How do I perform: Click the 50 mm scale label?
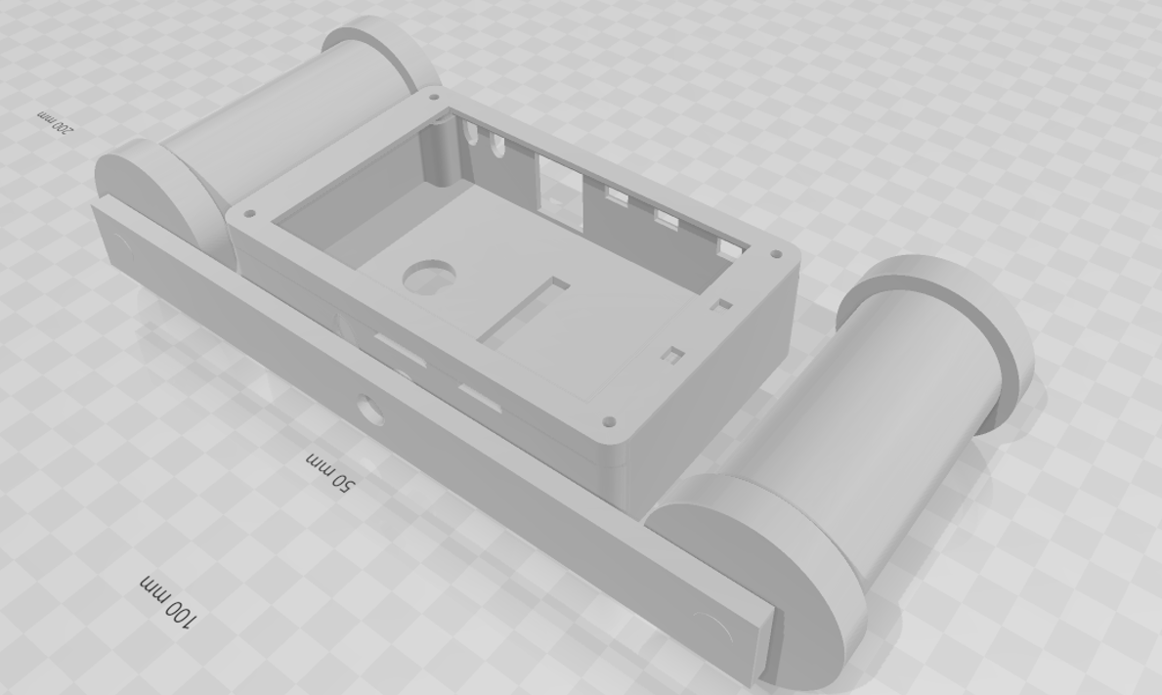point(331,471)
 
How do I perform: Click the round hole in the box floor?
point(429,276)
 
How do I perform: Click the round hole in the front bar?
point(370,409)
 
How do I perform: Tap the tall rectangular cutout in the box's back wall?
point(558,180)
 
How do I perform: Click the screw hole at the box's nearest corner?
point(610,422)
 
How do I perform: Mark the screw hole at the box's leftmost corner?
point(251,212)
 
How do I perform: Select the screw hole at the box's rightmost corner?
point(778,254)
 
